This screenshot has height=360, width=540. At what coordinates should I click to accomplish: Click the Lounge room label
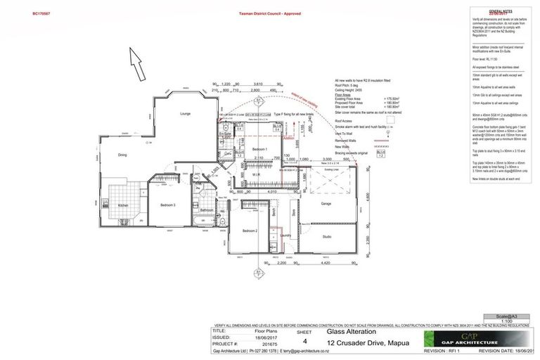pos(186,113)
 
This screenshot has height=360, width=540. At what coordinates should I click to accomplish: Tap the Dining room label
pos(122,155)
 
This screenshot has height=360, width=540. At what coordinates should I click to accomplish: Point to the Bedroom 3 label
pos(167,205)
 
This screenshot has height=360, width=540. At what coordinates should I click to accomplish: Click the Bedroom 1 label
pos(259,150)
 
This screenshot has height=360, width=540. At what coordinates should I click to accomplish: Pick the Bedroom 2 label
pos(250,231)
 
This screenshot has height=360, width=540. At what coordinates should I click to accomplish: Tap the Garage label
pos(326,204)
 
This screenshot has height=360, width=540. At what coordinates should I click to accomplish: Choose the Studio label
pos(327,237)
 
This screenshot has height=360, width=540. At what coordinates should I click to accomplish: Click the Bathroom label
pos(207,210)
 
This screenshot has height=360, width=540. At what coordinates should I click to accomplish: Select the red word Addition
pos(288,139)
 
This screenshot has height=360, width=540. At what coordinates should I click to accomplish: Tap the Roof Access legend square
pos(390,120)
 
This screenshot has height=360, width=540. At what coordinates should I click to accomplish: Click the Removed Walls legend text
pos(347,141)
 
